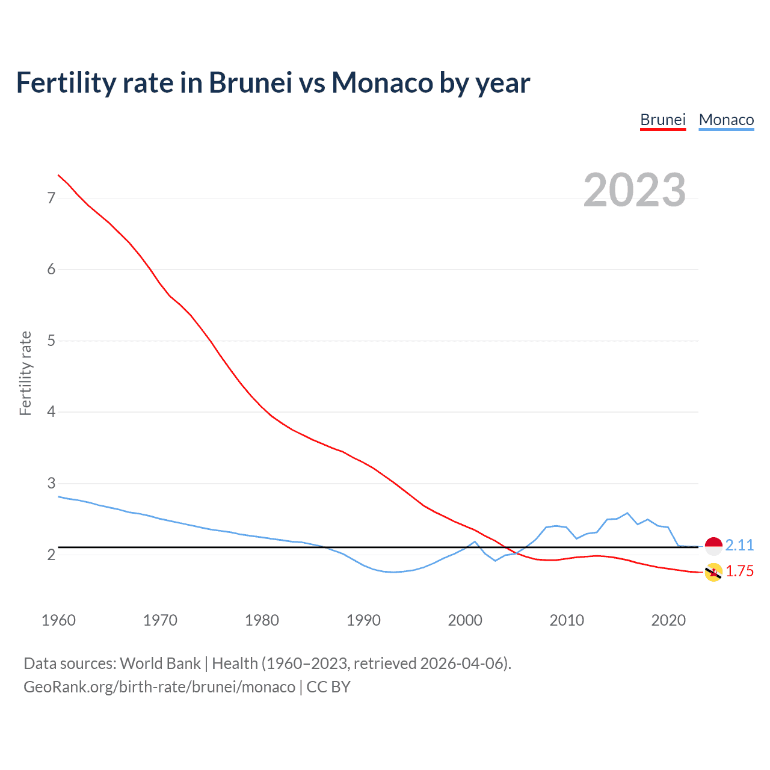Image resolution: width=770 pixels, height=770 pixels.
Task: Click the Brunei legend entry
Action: coord(663,120)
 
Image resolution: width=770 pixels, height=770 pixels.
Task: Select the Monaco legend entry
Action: coord(726,120)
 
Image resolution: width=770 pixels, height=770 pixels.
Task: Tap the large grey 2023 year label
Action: coord(634,190)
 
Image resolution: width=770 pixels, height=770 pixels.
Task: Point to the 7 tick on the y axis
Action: coord(51,198)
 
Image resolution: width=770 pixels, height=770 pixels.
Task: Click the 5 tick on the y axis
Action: coord(51,341)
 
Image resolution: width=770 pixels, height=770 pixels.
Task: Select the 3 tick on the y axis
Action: coord(51,484)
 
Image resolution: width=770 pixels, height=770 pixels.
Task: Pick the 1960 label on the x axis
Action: coord(58,620)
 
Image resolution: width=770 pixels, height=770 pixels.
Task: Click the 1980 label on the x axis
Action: coord(262,620)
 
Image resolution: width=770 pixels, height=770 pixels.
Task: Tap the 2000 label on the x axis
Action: coord(465,620)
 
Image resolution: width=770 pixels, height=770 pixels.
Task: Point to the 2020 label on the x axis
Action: coord(668,620)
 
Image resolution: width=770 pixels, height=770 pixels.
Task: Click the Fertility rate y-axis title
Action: coord(25,373)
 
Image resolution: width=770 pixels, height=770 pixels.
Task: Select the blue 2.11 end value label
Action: coord(739,545)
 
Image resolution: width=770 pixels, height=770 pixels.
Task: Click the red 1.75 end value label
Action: coord(739,571)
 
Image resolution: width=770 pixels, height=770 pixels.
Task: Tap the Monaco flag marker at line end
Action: coord(713,546)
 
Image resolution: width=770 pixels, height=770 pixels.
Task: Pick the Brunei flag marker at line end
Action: coord(713,572)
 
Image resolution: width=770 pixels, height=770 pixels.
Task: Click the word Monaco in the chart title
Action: coord(383,83)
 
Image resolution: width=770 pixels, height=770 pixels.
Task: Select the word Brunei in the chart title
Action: coord(250,83)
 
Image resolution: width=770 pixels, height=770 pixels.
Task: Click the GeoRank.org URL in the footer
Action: coord(159,687)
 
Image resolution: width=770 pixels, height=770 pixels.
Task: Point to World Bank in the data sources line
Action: coord(160,664)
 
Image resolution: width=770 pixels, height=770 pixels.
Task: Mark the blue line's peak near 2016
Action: coord(627,513)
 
